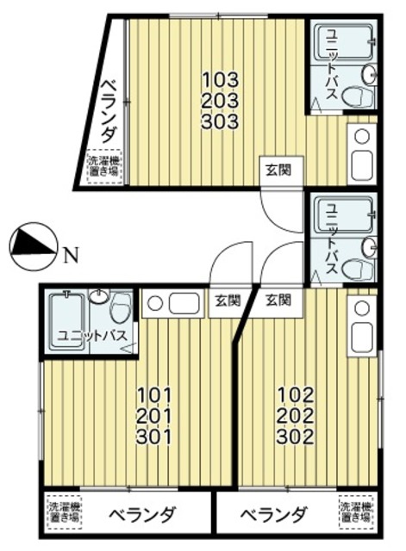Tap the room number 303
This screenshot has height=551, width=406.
pyautogui.click(x=220, y=121)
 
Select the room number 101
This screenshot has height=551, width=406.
pyautogui.click(x=154, y=397)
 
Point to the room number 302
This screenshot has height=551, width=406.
pyautogui.click(x=294, y=436)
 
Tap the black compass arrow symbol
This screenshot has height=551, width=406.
pyautogui.click(x=30, y=245)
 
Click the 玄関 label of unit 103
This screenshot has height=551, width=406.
pyautogui.click(x=272, y=169)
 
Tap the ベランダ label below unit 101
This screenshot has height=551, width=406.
pyautogui.click(x=141, y=517)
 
